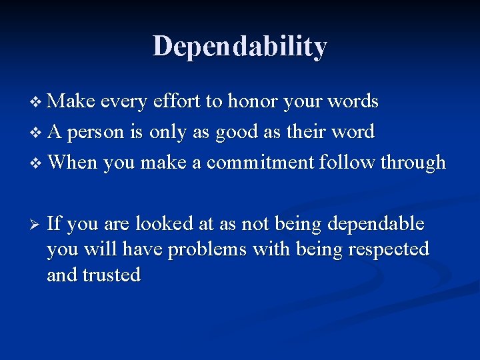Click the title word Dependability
240,47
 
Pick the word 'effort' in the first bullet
177,102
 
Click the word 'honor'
254,102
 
